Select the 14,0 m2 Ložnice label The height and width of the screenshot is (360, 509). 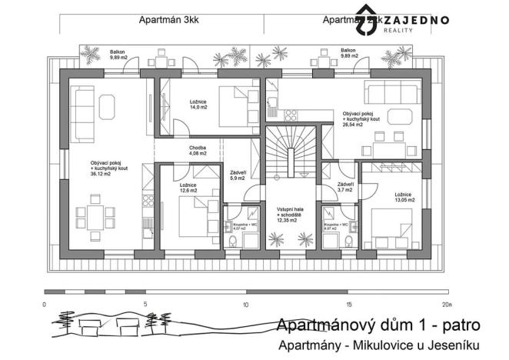(199, 105)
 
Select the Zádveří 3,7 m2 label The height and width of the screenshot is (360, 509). (345, 188)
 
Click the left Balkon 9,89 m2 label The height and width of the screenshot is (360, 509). (118, 55)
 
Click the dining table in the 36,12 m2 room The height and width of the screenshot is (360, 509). (95, 215)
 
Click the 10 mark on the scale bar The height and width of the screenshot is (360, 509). (245, 305)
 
